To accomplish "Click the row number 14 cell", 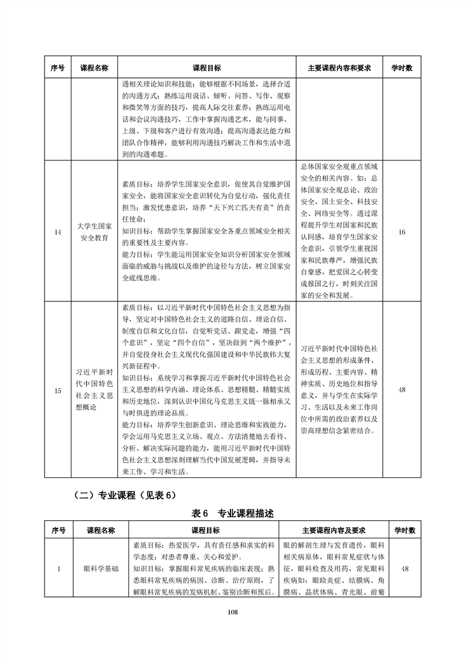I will [57, 233].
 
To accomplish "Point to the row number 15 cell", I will [57, 390].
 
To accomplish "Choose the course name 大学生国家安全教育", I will [94, 233].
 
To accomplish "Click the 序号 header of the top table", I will [57, 68].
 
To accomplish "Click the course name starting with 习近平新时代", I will [94, 390].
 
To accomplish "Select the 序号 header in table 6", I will [57, 530].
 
